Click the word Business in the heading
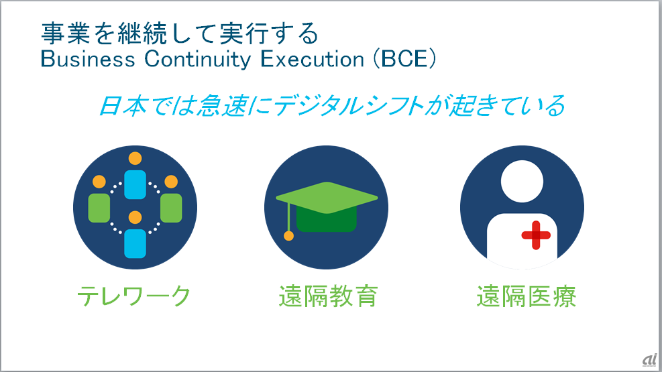88,59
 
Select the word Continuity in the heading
198,59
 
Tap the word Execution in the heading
312,59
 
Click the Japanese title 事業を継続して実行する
180,34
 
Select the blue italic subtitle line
332,105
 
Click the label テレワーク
134,296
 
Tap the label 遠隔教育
328,296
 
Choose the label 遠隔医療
527,296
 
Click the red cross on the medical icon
536,235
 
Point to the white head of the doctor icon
522,182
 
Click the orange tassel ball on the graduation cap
289,236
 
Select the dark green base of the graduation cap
327,219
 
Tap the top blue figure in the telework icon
135,184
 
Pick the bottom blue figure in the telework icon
135,243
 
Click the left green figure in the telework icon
99,208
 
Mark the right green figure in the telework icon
171,208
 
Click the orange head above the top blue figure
135,159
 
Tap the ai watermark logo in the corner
650,360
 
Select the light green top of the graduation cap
327,197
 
